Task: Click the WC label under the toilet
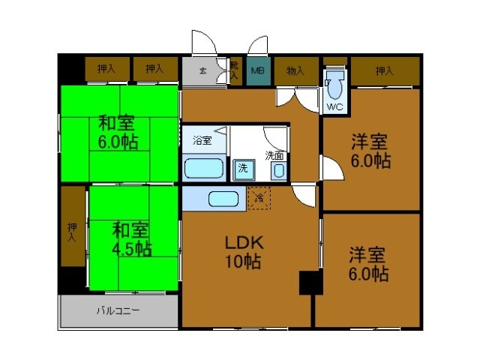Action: click(334, 106)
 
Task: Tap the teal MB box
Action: click(258, 72)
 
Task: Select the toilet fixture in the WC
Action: click(334, 88)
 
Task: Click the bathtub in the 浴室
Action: click(204, 167)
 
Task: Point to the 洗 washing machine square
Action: click(242, 168)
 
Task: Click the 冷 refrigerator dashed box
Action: click(259, 198)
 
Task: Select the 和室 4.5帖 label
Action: click(132, 238)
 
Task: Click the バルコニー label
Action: click(118, 310)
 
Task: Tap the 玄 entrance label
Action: click(202, 71)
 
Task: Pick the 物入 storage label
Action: click(295, 71)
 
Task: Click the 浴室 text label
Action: click(202, 139)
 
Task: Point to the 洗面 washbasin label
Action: click(274, 156)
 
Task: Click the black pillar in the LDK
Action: click(310, 283)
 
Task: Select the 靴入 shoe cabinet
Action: click(235, 71)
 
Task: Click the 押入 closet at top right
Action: click(384, 71)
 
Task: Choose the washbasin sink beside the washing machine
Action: click(278, 170)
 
